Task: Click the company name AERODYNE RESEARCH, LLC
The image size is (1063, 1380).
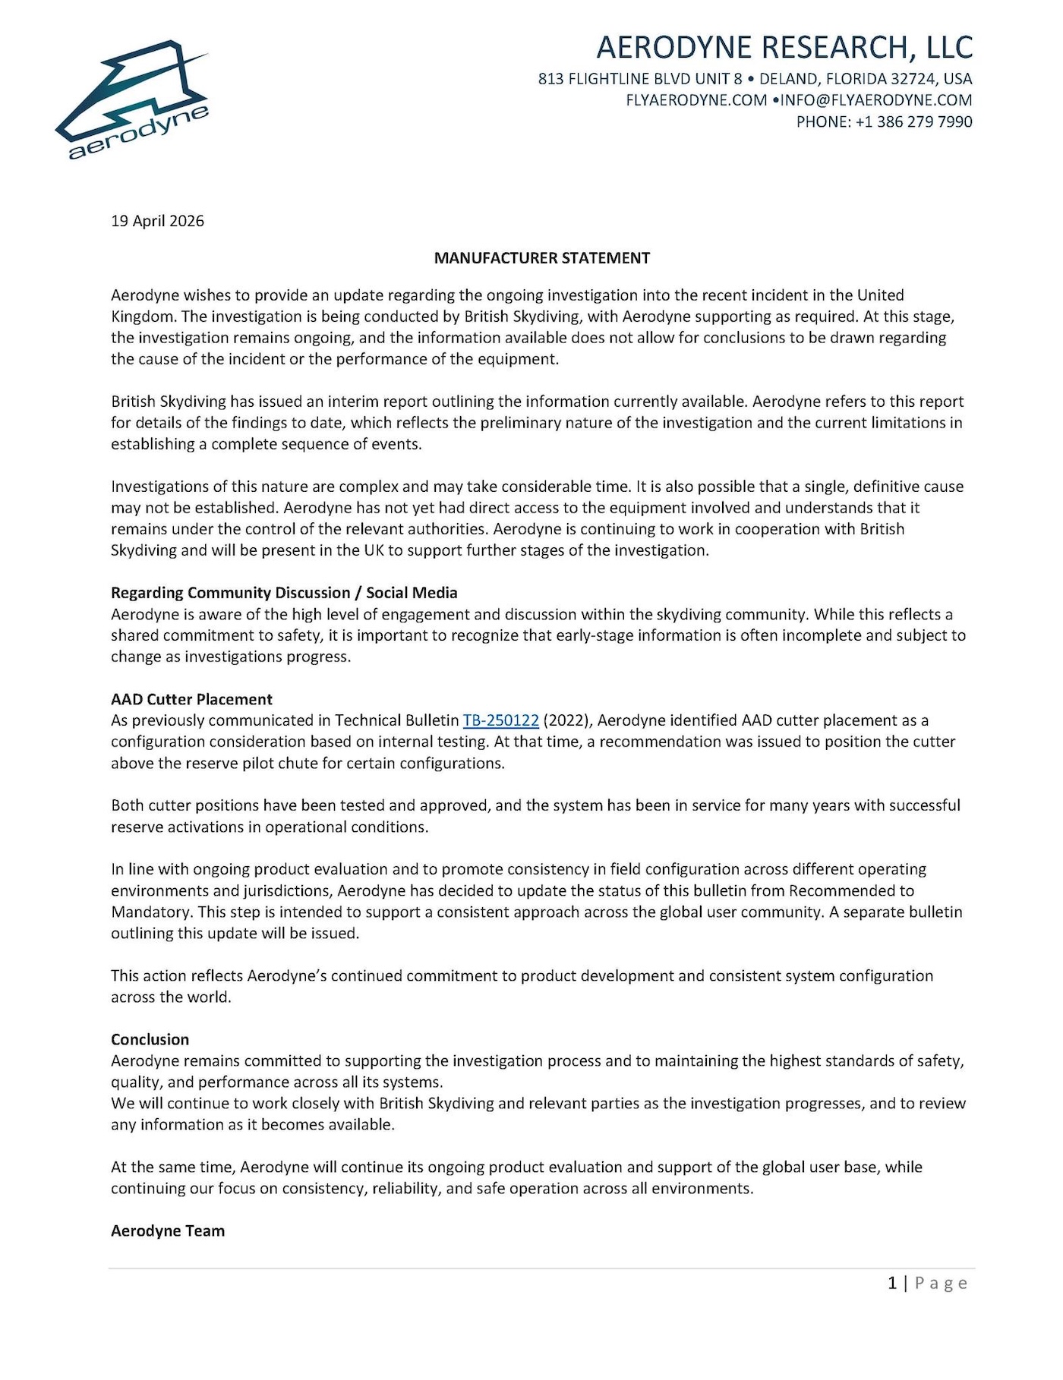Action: pyautogui.click(x=784, y=47)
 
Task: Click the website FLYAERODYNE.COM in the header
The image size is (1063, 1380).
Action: pyautogui.click(x=696, y=100)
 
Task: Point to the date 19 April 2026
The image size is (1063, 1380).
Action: pyautogui.click(x=157, y=221)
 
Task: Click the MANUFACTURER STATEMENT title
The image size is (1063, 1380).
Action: pyautogui.click(x=541, y=258)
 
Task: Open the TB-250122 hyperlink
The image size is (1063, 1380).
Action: pyautogui.click(x=500, y=720)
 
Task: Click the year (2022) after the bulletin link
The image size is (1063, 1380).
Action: pyautogui.click(x=566, y=720)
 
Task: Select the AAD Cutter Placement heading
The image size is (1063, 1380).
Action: pyautogui.click(x=191, y=699)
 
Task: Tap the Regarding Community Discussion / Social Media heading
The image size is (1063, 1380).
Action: pyautogui.click(x=284, y=593)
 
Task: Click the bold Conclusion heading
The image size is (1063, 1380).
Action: pyautogui.click(x=150, y=1039)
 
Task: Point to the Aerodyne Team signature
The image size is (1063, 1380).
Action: pyautogui.click(x=168, y=1230)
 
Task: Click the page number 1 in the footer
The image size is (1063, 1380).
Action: pyautogui.click(x=892, y=1283)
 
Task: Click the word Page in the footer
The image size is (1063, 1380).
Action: pyautogui.click(x=942, y=1283)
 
